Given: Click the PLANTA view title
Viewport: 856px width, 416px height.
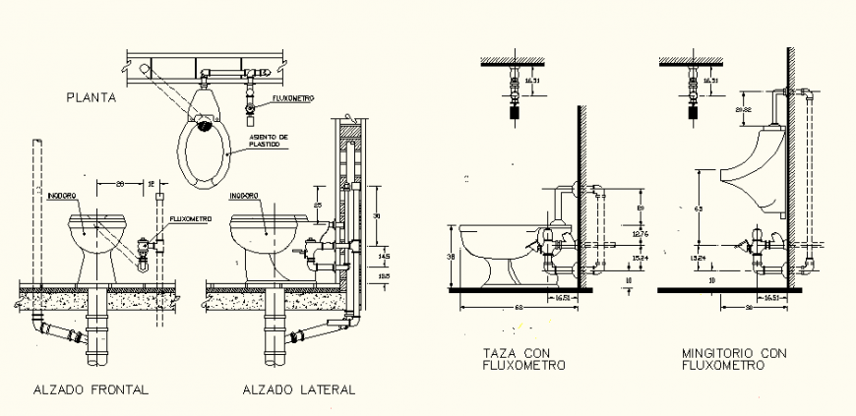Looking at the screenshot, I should [x=92, y=97].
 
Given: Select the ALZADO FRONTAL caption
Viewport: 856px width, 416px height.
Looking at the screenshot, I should [x=91, y=389].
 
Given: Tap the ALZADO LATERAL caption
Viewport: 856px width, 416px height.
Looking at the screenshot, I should [x=299, y=389].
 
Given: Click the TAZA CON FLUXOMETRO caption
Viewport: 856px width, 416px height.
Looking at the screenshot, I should [x=524, y=359].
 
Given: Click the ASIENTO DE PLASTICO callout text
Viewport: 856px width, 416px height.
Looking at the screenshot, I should [x=269, y=141].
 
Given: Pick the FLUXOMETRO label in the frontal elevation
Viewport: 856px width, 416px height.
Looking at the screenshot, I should [x=189, y=219].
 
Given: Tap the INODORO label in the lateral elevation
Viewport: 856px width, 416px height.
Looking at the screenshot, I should [x=244, y=195].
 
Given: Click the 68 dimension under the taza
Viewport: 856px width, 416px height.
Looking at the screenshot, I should [x=518, y=308].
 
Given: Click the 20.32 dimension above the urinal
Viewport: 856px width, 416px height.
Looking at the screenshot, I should [x=744, y=110].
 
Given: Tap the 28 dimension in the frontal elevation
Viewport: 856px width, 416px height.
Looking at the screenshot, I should [x=118, y=184].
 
